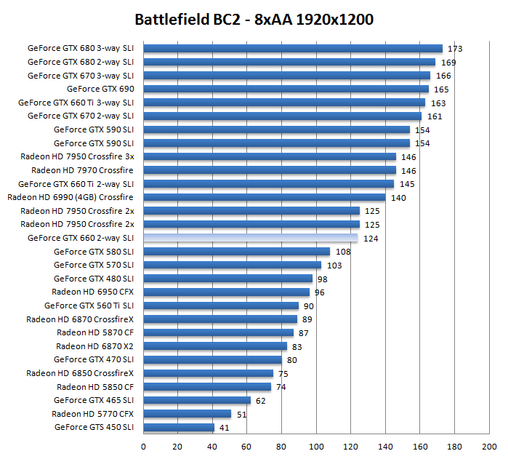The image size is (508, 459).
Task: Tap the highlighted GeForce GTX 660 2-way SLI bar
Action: coord(251,238)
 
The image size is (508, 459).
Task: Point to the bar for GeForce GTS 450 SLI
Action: coord(179,427)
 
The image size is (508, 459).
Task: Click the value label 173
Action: coord(455,49)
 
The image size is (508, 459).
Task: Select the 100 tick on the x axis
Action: coord(316,445)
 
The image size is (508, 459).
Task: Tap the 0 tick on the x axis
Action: coord(143,445)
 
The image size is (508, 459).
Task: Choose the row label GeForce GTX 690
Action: coord(100,89)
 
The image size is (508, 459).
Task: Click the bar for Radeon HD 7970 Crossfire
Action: coord(270,170)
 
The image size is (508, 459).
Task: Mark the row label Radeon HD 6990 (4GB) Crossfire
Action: coord(70,197)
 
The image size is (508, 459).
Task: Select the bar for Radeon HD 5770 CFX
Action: coord(188,414)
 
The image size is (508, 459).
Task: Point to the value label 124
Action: coord(370,239)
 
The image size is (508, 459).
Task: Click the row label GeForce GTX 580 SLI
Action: coord(94,252)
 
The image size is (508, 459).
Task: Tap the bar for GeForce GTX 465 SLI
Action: coord(197,400)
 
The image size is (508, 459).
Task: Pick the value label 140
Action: coord(398,198)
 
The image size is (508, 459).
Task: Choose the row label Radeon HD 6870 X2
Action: coord(94,346)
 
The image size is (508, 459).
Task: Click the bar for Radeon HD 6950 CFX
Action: coord(226,292)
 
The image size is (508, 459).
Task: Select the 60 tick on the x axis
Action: coord(247,445)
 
